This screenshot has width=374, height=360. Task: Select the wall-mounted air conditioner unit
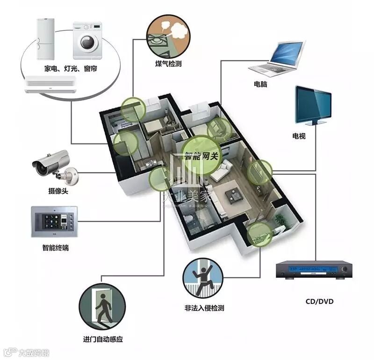pyautogui.click(x=50, y=84)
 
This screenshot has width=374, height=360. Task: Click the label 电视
pyautogui.click(x=299, y=136)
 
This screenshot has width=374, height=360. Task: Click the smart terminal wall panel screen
pyautogui.click(x=51, y=220)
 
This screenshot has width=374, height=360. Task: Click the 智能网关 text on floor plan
pyautogui.click(x=201, y=156)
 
